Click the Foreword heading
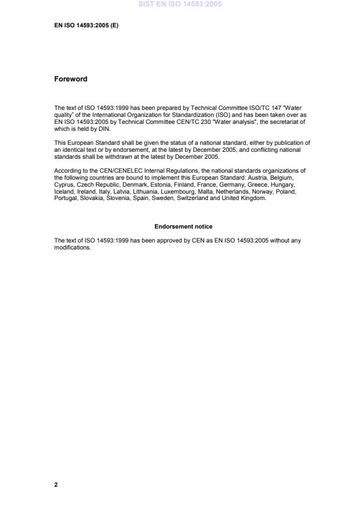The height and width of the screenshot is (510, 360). (70, 79)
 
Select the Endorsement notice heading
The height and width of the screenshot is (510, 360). (179, 226)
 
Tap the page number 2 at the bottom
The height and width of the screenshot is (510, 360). (56, 484)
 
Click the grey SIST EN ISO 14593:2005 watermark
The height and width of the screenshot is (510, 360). (180, 4)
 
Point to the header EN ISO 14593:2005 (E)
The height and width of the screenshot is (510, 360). (86, 26)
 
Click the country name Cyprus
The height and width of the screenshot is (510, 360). (64, 184)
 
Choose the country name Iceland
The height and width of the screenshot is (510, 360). (64, 191)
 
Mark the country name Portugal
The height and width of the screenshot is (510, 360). (66, 198)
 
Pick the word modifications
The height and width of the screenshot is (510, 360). (73, 247)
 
